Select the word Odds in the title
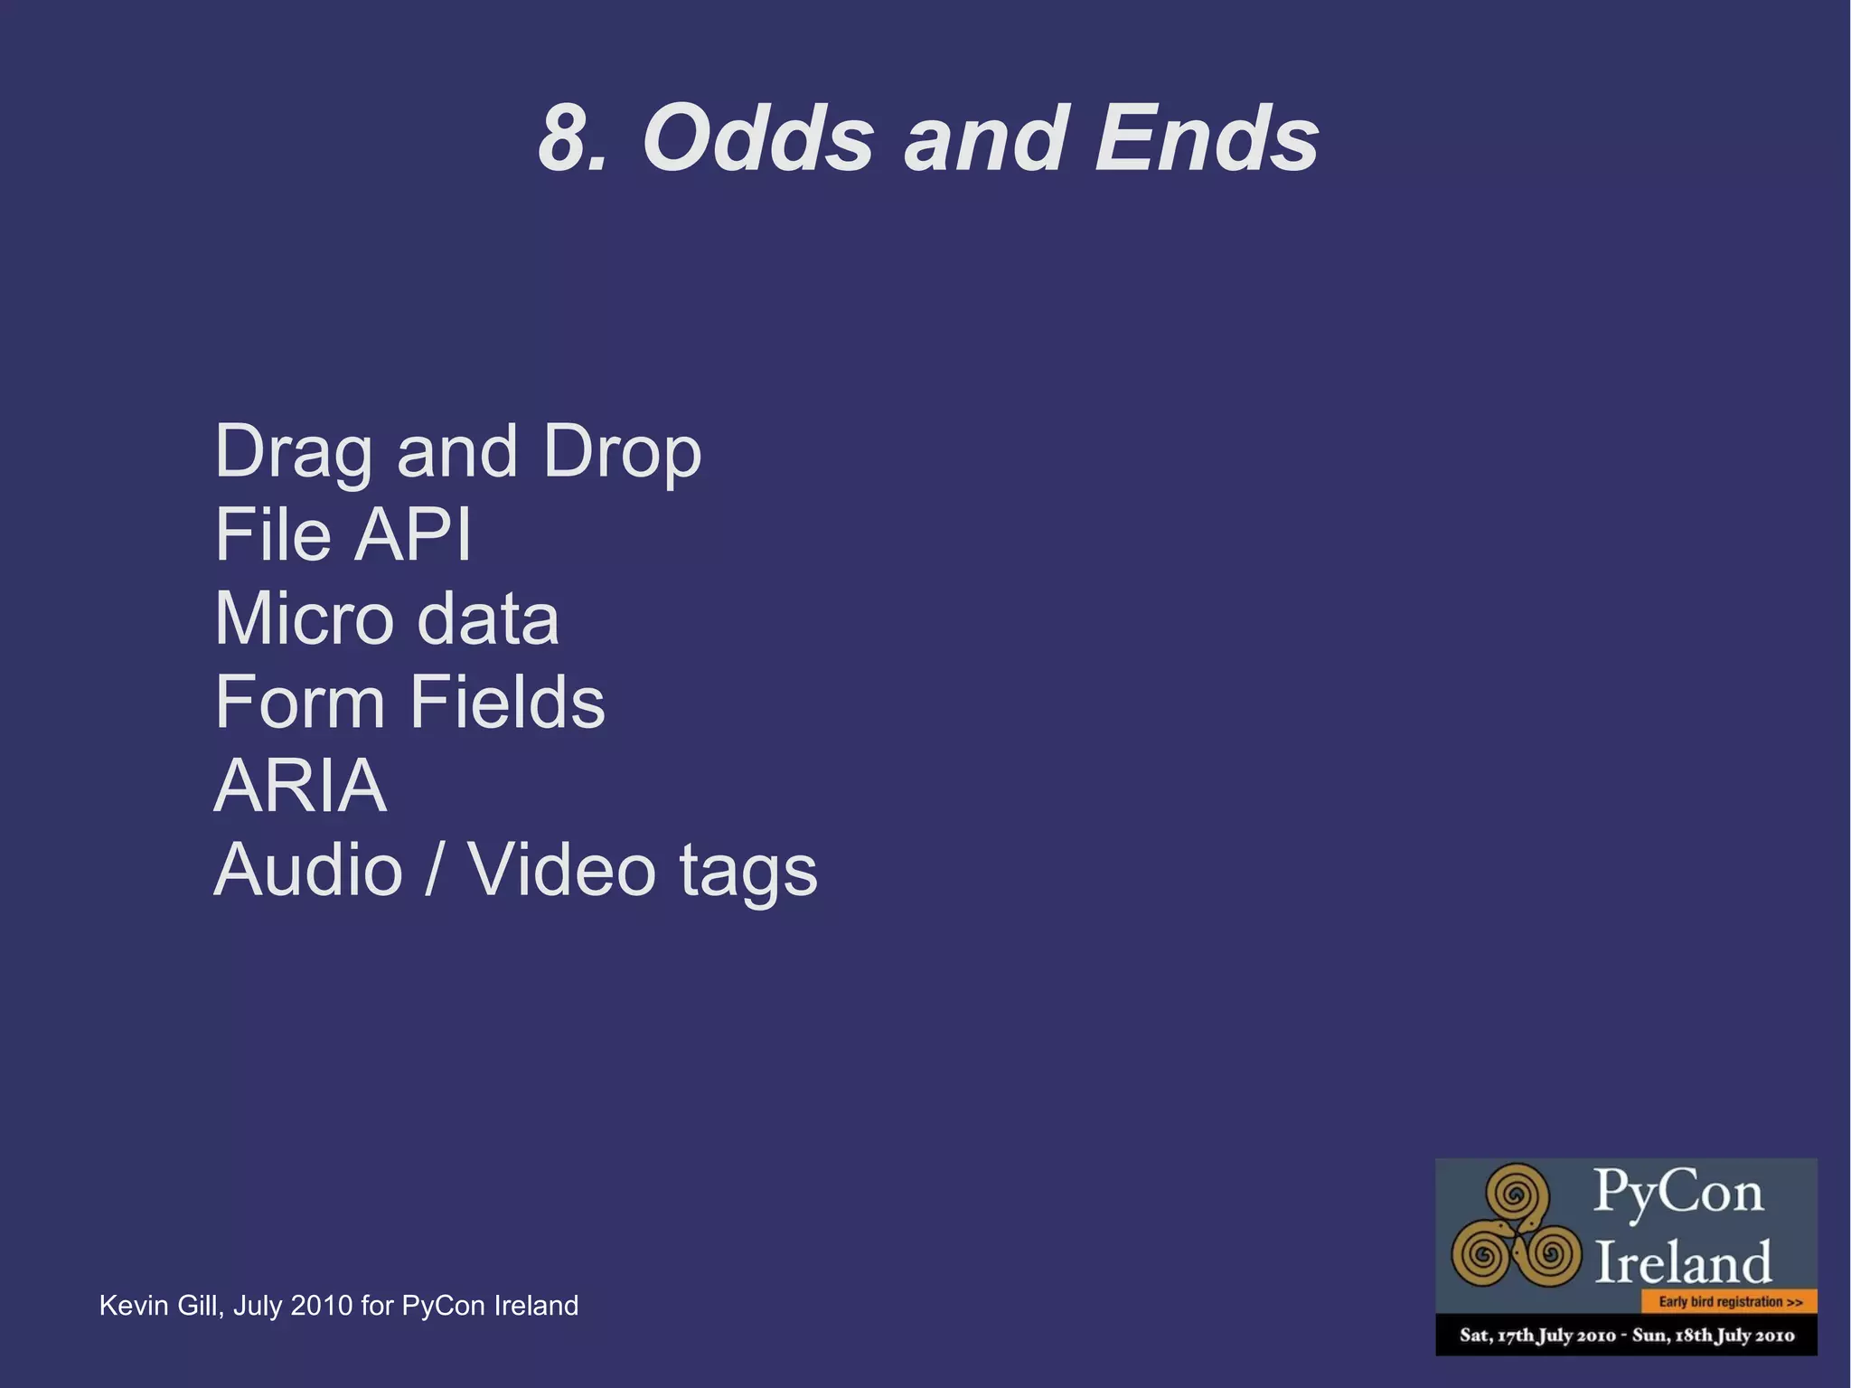(x=758, y=139)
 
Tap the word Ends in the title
(x=1206, y=139)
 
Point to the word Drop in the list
(x=622, y=453)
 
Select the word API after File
(x=412, y=534)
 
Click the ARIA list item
(x=300, y=785)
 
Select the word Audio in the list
(x=308, y=870)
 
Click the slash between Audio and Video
(x=435, y=870)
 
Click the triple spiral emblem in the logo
(x=1516, y=1233)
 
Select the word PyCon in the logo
(x=1677, y=1192)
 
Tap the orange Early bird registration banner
(x=1729, y=1302)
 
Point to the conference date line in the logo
(x=1627, y=1336)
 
